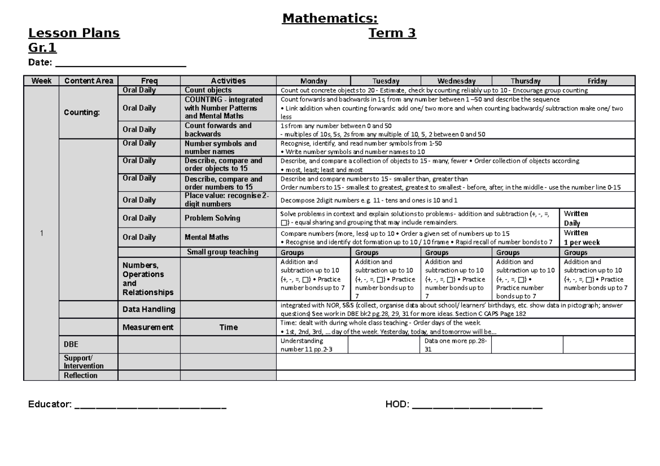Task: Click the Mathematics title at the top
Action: click(329, 19)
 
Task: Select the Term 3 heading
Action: click(392, 34)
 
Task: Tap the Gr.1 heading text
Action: click(42, 48)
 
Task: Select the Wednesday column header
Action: click(456, 81)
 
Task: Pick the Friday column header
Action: click(597, 81)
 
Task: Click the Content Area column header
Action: click(89, 81)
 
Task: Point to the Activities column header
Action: click(228, 81)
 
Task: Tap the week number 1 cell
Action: click(41, 234)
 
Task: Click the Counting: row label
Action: click(81, 112)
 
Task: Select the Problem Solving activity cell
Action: click(212, 218)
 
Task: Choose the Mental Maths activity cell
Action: click(207, 237)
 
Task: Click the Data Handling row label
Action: click(148, 309)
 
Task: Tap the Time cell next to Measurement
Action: click(228, 327)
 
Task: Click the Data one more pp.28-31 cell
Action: click(456, 345)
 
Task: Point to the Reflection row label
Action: click(80, 375)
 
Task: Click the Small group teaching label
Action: click(222, 252)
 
